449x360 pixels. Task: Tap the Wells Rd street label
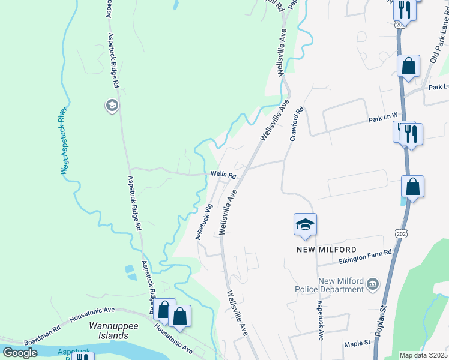[223, 175]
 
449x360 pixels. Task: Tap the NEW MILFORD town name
[326, 249]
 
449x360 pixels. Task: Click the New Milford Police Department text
[341, 285]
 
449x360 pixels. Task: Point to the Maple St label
[358, 344]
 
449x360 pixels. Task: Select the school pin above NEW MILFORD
[305, 226]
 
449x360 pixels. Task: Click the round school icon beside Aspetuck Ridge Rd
[111, 106]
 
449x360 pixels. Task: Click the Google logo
[20, 352]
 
